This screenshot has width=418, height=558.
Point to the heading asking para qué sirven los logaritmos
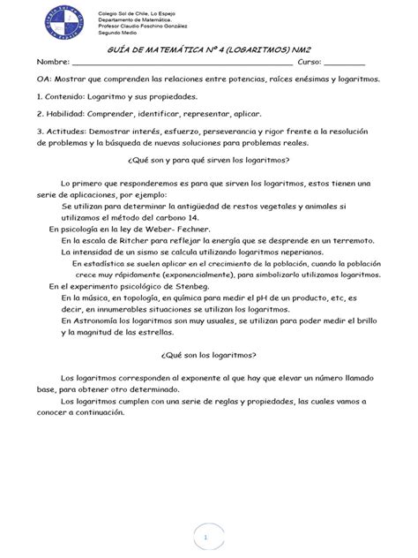(208, 160)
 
